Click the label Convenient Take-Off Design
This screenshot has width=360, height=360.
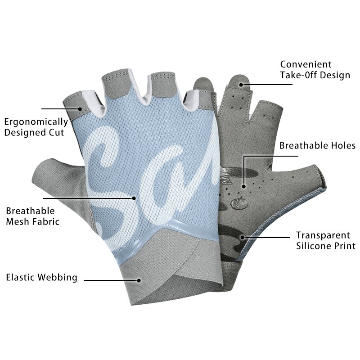(315, 70)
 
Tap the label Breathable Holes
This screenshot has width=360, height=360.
(317, 146)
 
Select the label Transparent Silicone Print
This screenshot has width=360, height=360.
(325, 240)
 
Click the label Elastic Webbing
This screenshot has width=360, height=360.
(41, 277)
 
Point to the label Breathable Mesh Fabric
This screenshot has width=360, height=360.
(32, 216)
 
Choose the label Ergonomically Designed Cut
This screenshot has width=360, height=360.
(36, 127)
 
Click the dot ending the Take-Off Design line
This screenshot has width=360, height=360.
(241, 84)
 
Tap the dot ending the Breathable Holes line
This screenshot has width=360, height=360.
(244, 185)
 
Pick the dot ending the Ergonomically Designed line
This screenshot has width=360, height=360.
(80, 108)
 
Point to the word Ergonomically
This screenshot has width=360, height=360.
(36, 121)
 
